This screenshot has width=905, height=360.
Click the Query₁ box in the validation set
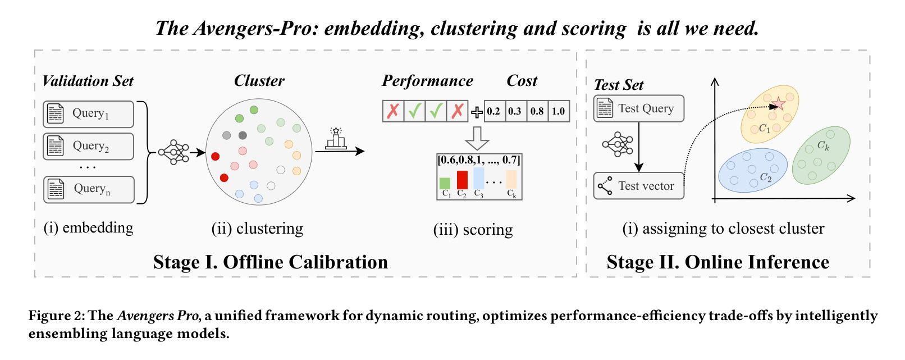coord(89,114)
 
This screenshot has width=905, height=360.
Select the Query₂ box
coord(89,146)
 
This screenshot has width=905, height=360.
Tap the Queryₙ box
coord(89,189)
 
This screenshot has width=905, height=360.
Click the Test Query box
coord(639,108)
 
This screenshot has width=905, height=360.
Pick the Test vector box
coord(639,186)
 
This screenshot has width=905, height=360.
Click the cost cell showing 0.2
coord(493,111)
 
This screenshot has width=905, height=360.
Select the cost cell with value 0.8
coord(537,111)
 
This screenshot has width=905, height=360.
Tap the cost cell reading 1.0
coord(559,111)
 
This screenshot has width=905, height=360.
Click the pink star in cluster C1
coord(779,104)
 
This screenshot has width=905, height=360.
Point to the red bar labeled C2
coord(462,180)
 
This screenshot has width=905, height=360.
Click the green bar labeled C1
coord(445,183)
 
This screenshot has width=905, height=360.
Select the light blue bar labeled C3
coord(478,178)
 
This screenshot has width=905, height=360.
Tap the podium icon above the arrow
coord(336,139)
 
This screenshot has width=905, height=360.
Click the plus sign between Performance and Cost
coord(477,112)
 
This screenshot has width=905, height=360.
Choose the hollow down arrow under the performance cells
coord(478,137)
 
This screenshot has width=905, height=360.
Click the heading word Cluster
coord(259,81)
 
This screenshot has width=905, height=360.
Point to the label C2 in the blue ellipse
coord(766,177)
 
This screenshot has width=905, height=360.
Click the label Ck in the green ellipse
coord(823,145)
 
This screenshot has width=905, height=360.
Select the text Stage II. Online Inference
coord(717,262)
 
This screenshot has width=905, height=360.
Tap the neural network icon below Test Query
coord(618,144)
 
